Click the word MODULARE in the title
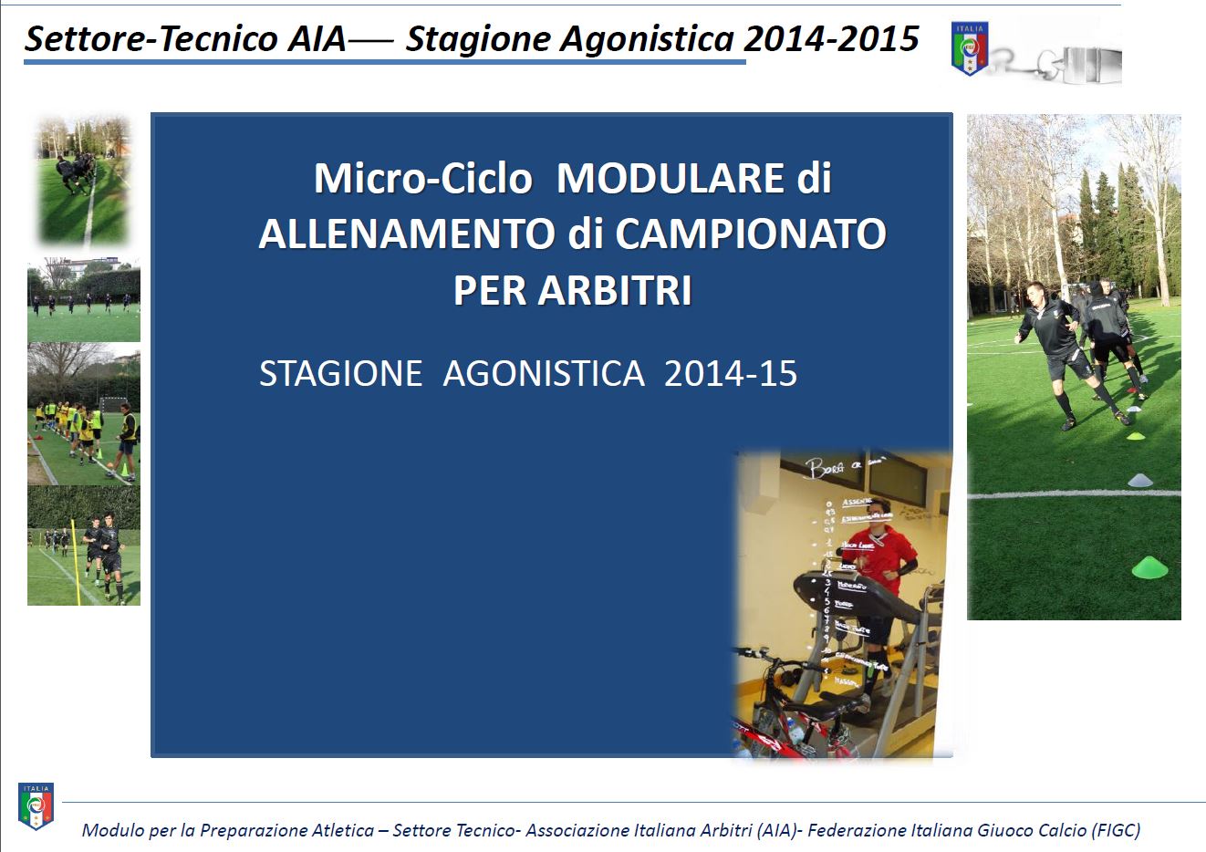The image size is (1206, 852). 671,179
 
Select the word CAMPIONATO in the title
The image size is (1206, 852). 751,234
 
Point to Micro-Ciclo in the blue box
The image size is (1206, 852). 422,179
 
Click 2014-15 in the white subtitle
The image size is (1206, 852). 731,374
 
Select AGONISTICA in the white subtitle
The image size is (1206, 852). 544,374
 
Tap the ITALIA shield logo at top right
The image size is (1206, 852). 969,49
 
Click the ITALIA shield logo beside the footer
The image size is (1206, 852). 36,805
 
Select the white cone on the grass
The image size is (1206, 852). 1140,479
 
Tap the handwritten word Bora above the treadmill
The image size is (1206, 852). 823,469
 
